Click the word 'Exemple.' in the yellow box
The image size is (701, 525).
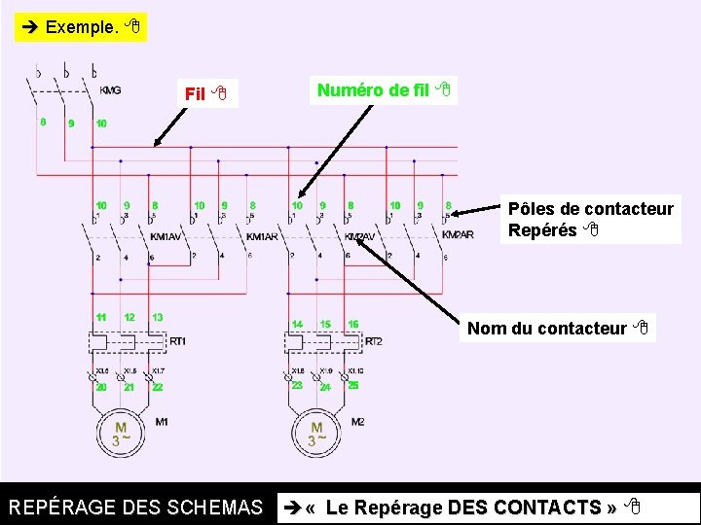pyautogui.click(x=82, y=27)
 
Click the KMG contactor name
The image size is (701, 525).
pyautogui.click(x=110, y=90)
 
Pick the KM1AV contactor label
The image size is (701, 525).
pyautogui.click(x=166, y=236)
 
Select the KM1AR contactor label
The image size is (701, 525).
pyautogui.click(x=262, y=237)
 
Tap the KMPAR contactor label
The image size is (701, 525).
pyautogui.click(x=458, y=235)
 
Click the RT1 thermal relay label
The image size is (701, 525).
pyautogui.click(x=177, y=341)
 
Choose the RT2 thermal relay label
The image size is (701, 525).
pyautogui.click(x=373, y=341)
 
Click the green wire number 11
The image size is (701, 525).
pyautogui.click(x=101, y=318)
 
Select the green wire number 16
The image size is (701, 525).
pyautogui.click(x=352, y=325)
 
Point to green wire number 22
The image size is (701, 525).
pyautogui.click(x=157, y=388)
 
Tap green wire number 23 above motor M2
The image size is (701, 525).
pyautogui.click(x=297, y=385)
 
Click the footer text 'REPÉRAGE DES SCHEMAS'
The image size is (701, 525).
pyautogui.click(x=135, y=507)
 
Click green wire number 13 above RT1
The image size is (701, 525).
pyautogui.click(x=157, y=318)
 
